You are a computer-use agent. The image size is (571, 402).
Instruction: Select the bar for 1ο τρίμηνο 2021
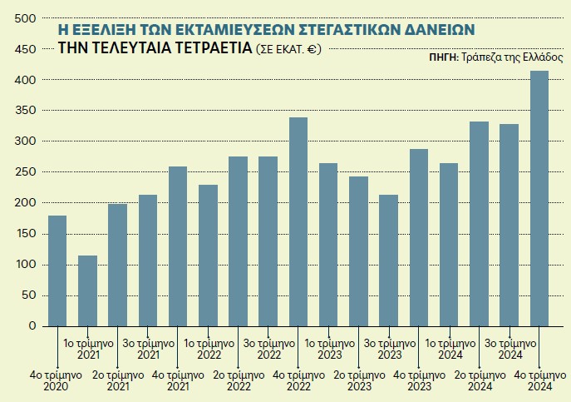pyautogui.click(x=87, y=290)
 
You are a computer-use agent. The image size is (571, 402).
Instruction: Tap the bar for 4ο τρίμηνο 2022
pyautogui.click(x=298, y=221)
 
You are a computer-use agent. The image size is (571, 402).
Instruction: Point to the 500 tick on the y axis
pyautogui.click(x=26, y=18)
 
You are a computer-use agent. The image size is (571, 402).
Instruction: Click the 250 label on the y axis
pyautogui.click(x=26, y=172)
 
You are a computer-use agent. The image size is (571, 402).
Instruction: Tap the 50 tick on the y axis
pyautogui.click(x=29, y=295)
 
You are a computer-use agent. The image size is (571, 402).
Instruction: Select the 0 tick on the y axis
pyautogui.click(x=32, y=326)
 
